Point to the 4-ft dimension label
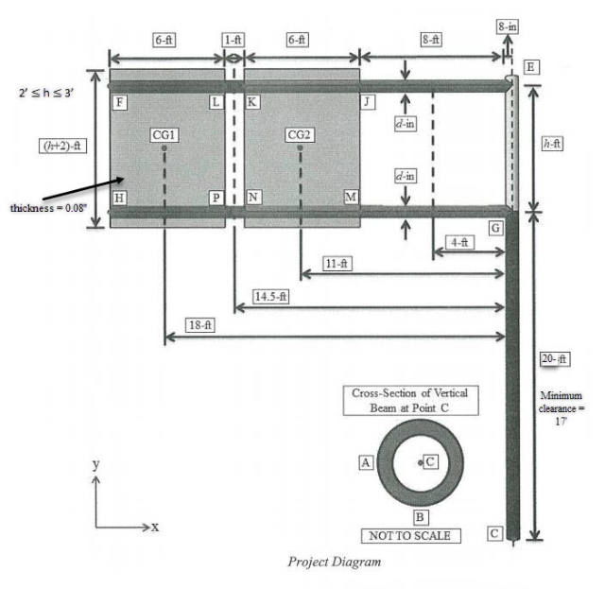click(x=460, y=242)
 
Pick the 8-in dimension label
click(x=507, y=26)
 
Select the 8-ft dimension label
click(x=432, y=40)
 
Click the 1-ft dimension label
click(x=233, y=40)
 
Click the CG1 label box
click(x=164, y=135)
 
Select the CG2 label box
click(x=300, y=135)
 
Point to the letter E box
click(x=531, y=67)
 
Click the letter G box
click(x=494, y=229)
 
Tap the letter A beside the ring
click(x=365, y=462)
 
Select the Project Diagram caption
click(x=336, y=563)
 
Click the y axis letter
click(x=95, y=464)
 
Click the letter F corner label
click(x=119, y=100)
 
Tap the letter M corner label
click(x=351, y=197)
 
